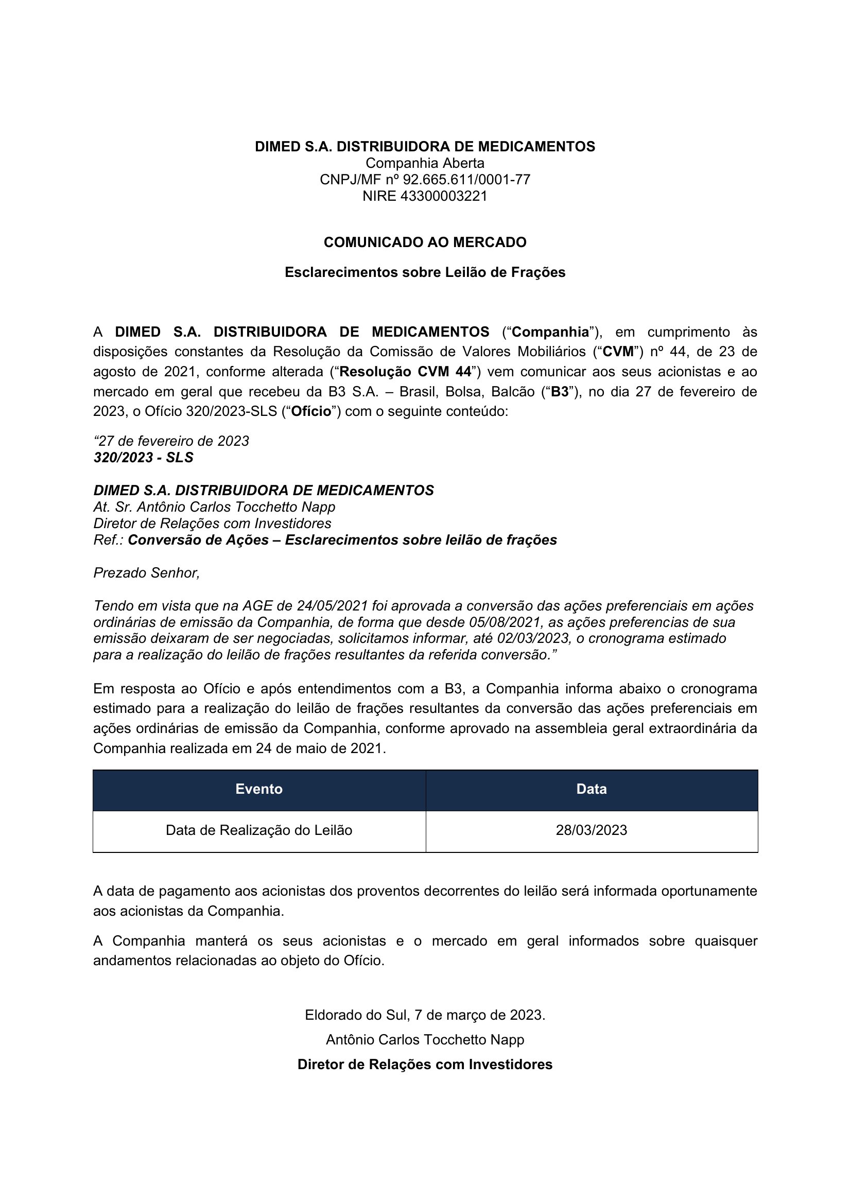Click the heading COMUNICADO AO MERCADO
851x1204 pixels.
click(425, 242)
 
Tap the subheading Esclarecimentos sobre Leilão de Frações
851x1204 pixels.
click(425, 272)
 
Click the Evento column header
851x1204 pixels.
click(259, 789)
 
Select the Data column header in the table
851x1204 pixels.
click(592, 789)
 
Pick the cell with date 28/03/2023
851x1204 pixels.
click(592, 830)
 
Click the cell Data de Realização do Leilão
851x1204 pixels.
click(259, 830)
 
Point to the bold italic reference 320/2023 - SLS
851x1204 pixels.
click(143, 458)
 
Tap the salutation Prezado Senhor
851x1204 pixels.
click(147, 572)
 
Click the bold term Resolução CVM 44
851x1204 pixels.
click(405, 372)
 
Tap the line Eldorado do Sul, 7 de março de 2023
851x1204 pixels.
click(425, 1015)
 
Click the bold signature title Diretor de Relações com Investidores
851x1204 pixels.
click(425, 1065)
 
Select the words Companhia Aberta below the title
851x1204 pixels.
click(425, 163)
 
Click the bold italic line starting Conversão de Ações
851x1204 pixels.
click(342, 540)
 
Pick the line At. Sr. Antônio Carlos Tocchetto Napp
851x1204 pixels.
click(214, 507)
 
